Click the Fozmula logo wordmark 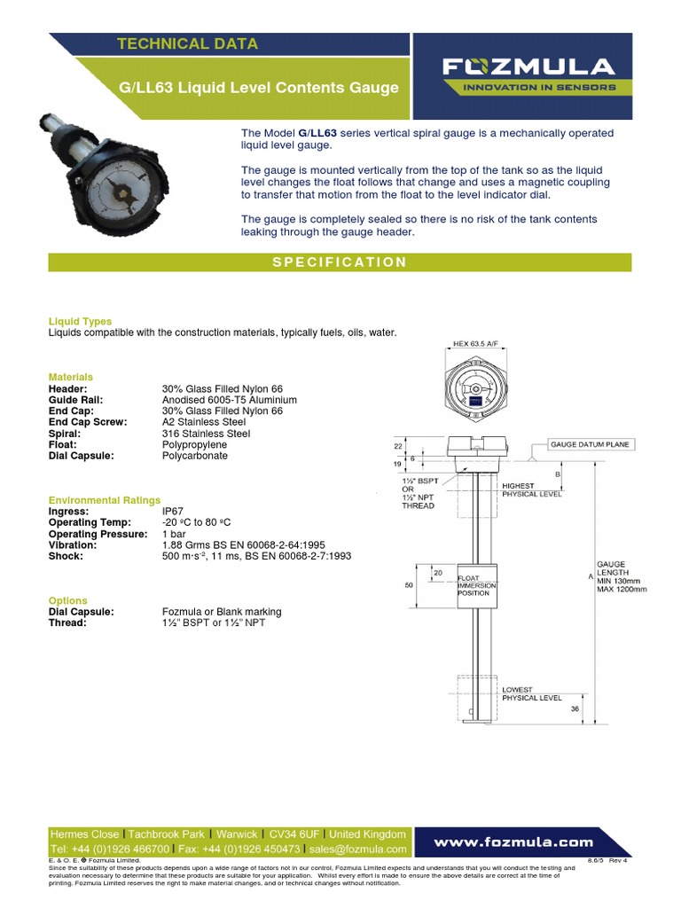[528, 67]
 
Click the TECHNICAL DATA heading [188, 43]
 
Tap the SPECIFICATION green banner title [340, 262]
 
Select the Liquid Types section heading [80, 321]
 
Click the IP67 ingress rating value [174, 512]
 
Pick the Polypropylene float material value [194, 444]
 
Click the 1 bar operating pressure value [174, 534]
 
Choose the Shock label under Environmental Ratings [66, 556]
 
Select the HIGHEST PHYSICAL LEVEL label [531, 490]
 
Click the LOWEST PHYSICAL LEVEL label [531, 693]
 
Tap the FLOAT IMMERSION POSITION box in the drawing [476, 586]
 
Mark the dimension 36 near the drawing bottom [575, 708]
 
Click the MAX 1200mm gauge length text [622, 589]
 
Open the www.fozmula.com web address [513, 841]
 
